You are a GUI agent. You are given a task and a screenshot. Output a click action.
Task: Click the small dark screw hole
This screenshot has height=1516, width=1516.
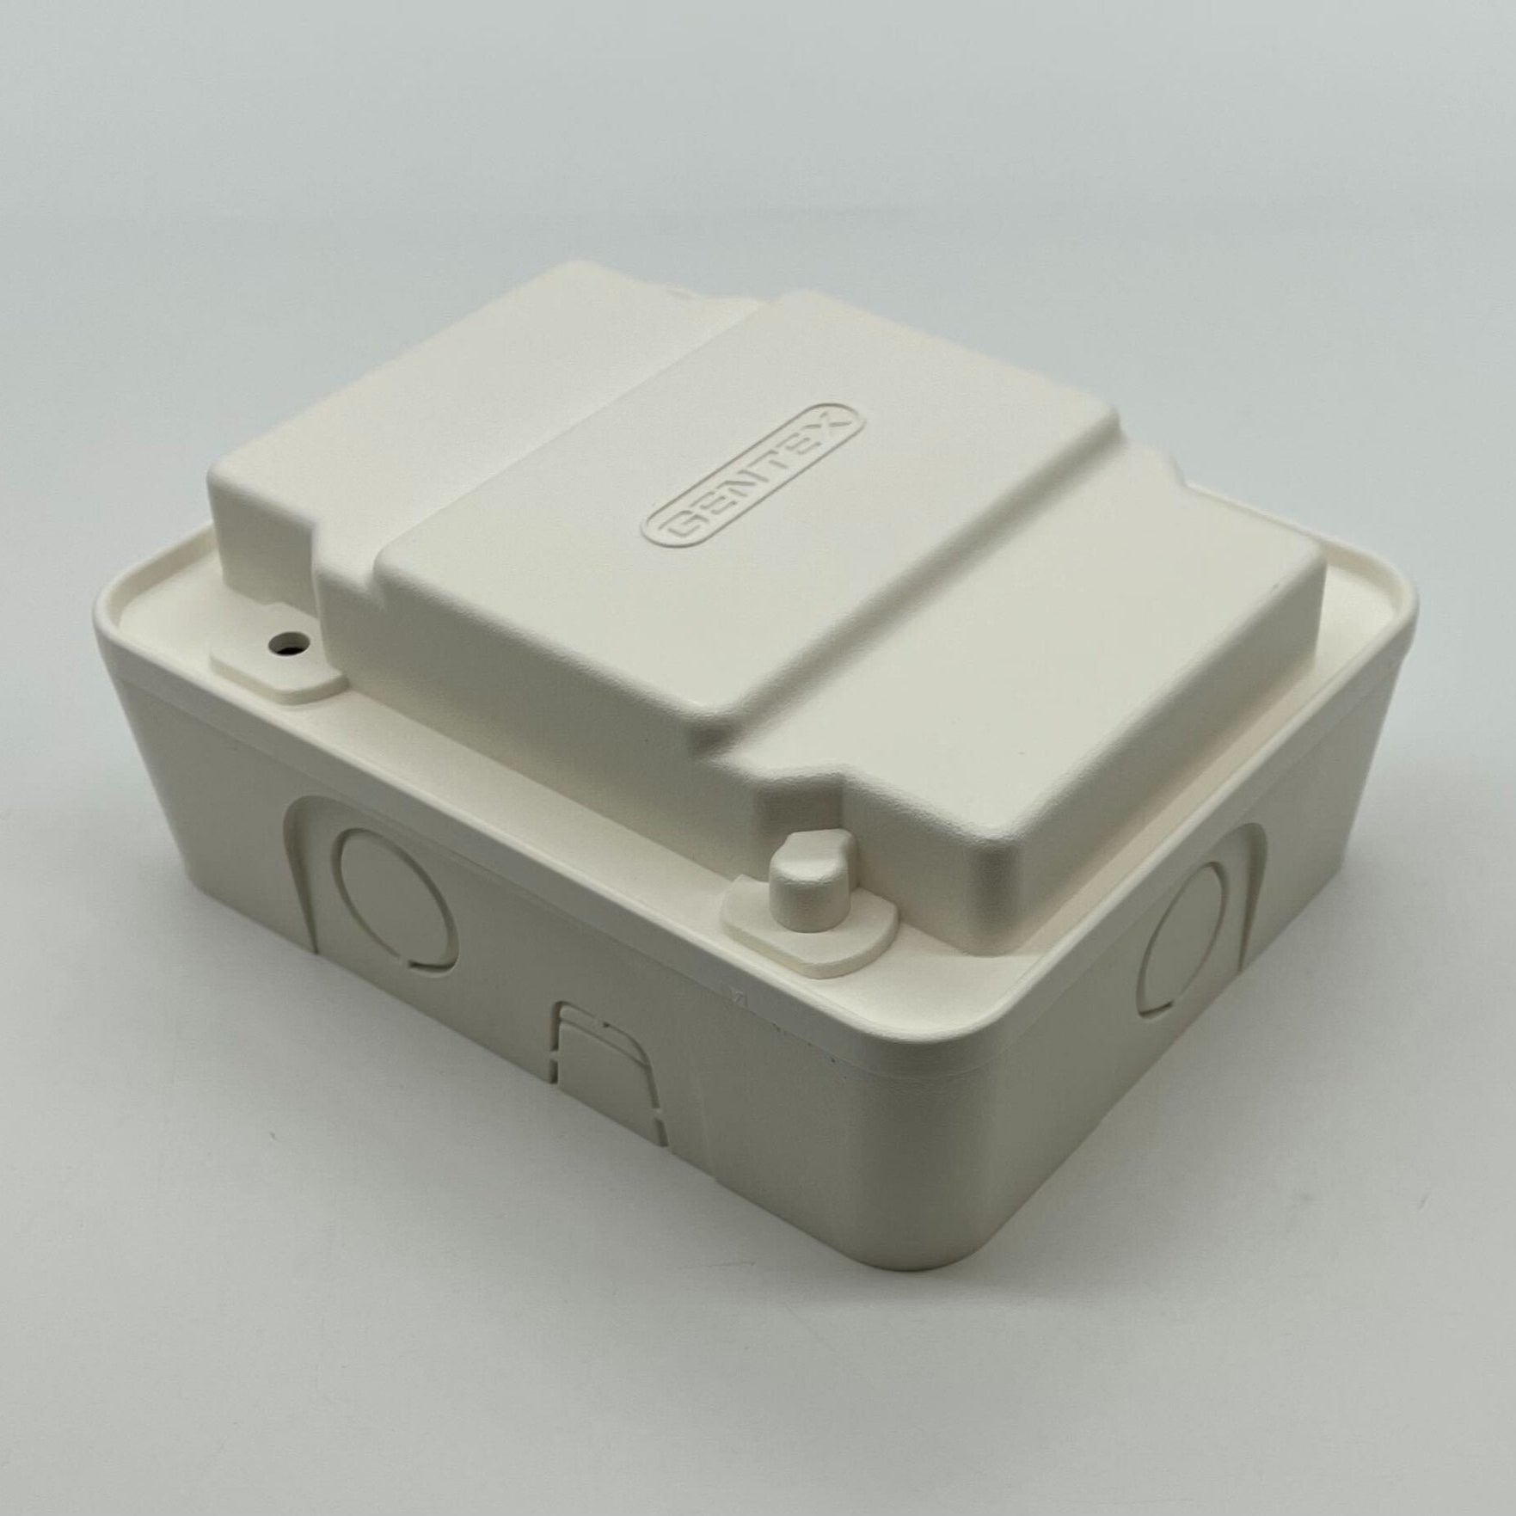coord(280,640)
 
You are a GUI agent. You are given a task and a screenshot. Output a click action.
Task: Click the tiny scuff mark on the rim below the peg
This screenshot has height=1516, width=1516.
coord(733,999)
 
